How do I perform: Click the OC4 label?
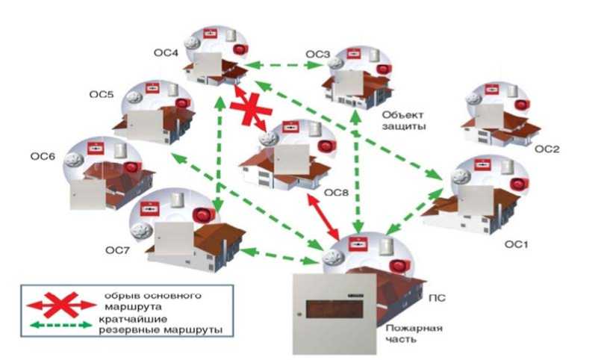(x=166, y=53)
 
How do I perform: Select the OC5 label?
(x=102, y=95)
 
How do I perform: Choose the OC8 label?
(x=335, y=191)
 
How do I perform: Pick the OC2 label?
(x=546, y=149)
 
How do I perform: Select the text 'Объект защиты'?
(x=403, y=121)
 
